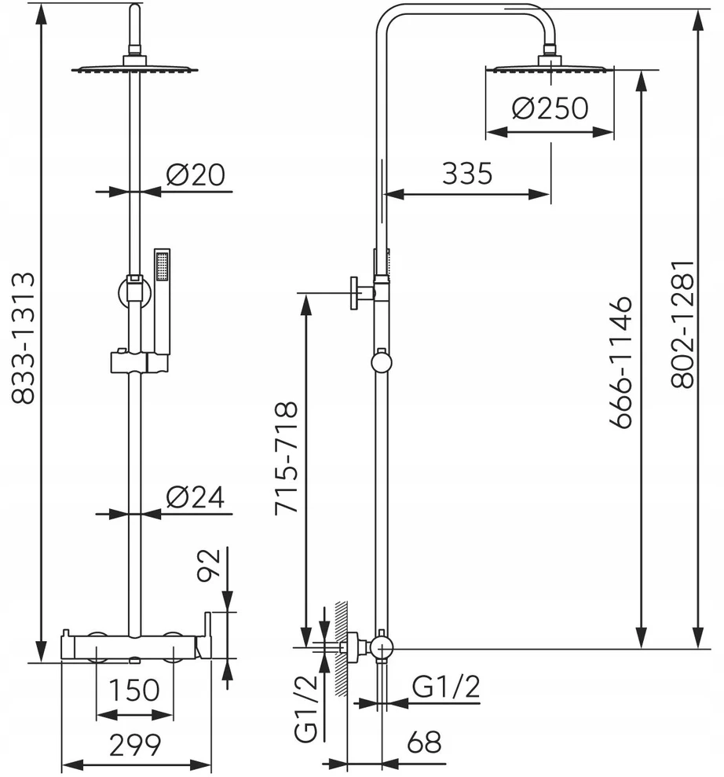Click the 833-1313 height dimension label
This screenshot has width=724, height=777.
24,338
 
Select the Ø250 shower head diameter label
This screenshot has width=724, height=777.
550,108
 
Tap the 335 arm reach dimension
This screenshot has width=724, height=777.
467,174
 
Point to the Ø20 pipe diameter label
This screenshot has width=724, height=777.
196,174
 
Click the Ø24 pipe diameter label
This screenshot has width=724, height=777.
196,497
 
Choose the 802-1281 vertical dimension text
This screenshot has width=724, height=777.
684,324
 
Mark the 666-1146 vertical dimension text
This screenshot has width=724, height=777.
621,362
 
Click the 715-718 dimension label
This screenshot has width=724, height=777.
287,457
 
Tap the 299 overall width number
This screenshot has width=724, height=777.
135,745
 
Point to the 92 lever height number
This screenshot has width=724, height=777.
209,566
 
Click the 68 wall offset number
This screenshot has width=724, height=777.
424,742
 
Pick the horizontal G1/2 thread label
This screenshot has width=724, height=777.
446,687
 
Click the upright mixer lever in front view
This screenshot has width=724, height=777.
207,629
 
